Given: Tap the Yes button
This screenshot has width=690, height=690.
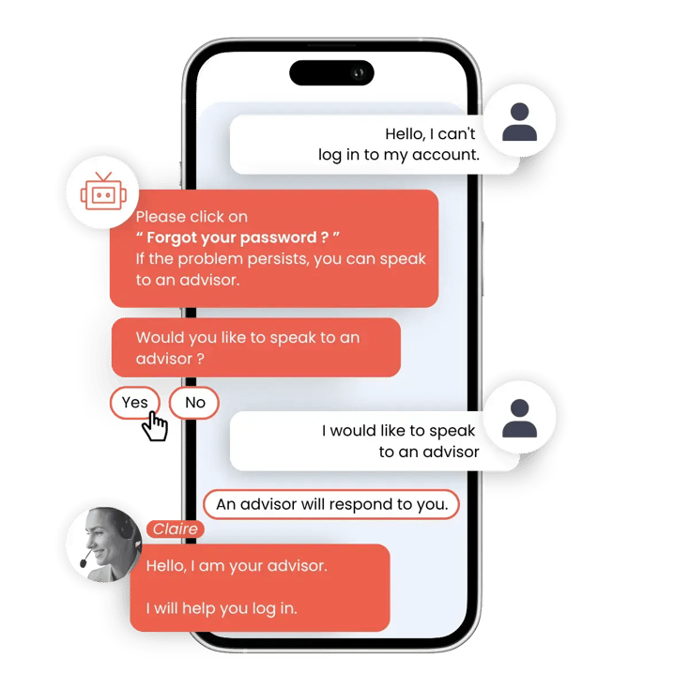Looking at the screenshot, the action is point(134,402).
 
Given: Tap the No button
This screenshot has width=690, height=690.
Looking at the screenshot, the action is point(194,402).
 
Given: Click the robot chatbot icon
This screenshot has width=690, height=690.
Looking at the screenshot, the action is point(103,192).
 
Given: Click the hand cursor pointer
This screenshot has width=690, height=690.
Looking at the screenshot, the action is point(155,426).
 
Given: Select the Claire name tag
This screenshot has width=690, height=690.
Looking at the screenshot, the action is point(176,529).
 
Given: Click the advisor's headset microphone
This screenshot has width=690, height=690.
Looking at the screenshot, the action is point(85,559).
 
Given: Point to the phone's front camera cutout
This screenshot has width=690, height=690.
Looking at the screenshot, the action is point(331,72).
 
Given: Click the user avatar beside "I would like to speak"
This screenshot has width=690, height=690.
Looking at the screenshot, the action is point(520,418).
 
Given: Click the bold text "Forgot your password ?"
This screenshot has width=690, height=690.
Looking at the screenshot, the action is point(238,238).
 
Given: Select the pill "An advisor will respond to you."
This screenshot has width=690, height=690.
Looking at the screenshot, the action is point(331,504).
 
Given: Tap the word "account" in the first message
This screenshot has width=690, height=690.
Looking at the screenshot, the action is point(444,155).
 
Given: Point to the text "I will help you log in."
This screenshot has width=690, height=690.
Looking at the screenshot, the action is point(222,608).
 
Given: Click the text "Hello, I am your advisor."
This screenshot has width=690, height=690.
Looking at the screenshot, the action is point(237,565).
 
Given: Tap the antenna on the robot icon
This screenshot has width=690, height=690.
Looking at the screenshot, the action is point(103,176).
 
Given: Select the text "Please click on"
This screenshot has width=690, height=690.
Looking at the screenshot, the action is point(192,217).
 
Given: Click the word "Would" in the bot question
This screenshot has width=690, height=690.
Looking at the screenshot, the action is point(161,338).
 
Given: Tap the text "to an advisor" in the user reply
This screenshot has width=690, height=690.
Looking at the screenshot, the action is point(429,452).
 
